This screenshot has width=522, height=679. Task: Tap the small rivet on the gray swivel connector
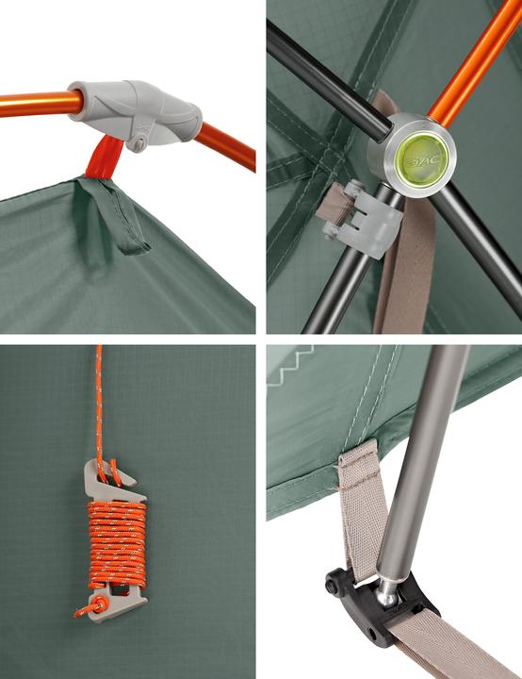coord(139,144)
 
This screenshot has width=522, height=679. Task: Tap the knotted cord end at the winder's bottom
coord(90,608)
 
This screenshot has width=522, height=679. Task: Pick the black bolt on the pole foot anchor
coord(334,585)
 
